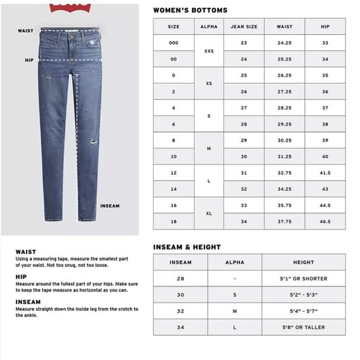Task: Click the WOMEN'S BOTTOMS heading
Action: coord(191,11)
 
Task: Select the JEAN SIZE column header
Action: coord(244,27)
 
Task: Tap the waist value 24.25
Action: coord(284,43)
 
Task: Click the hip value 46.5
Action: coord(325,221)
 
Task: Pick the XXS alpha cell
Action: coord(209,51)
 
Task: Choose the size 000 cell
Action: coord(174,43)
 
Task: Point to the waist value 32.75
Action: coord(284,173)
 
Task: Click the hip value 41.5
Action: coord(325,173)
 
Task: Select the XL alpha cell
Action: coord(209,213)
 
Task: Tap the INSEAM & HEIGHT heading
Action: coord(187,247)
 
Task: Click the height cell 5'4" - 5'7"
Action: coord(304,311)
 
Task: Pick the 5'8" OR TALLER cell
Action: coord(304,327)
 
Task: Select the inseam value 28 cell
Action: coord(181,279)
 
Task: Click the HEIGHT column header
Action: coord(304,263)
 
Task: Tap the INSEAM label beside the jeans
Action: coord(109,206)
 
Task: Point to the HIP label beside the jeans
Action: coord(29,60)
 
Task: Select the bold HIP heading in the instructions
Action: coord(21,277)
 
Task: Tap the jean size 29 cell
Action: coord(244,140)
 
